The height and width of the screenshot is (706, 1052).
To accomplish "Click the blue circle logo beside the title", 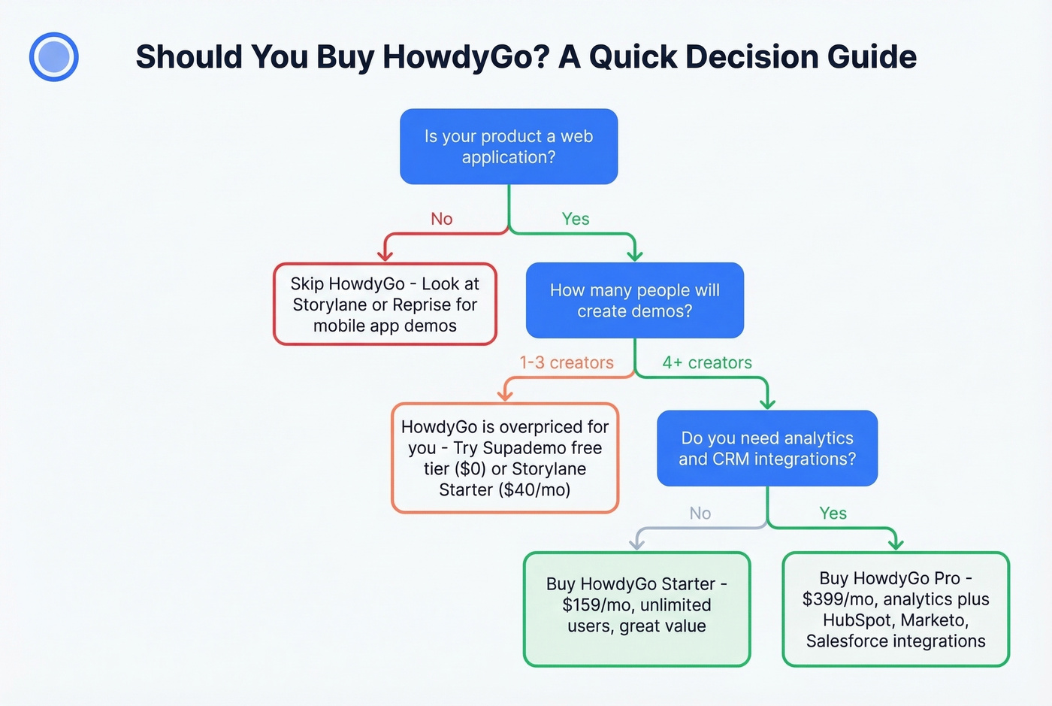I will coord(54,56).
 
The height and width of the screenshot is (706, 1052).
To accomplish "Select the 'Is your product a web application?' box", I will coord(509,147).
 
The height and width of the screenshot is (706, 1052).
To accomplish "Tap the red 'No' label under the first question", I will coord(442,219).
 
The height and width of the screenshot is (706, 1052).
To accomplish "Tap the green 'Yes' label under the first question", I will coord(576,219).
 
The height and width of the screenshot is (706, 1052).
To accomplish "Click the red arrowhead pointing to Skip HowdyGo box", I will coord(385,255).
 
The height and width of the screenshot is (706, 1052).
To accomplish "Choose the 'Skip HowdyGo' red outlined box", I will coord(385,305).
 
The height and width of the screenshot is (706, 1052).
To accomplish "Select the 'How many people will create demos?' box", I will coord(635,300).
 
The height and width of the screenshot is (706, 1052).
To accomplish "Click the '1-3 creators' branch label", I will coord(567,362).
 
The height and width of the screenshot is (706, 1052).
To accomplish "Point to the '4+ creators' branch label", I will coord(707,362).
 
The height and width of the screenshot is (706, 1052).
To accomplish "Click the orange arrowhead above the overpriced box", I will coord(505,395).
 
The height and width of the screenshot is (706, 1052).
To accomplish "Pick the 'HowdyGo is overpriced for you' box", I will coord(505,458).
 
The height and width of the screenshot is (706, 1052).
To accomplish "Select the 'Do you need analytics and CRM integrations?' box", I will coord(767,448).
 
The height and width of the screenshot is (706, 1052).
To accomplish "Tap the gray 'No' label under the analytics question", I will coord(700,514).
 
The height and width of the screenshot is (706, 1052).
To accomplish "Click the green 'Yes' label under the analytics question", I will coord(833,514).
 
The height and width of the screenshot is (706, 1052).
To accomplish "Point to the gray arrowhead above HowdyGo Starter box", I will coord(637,543).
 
